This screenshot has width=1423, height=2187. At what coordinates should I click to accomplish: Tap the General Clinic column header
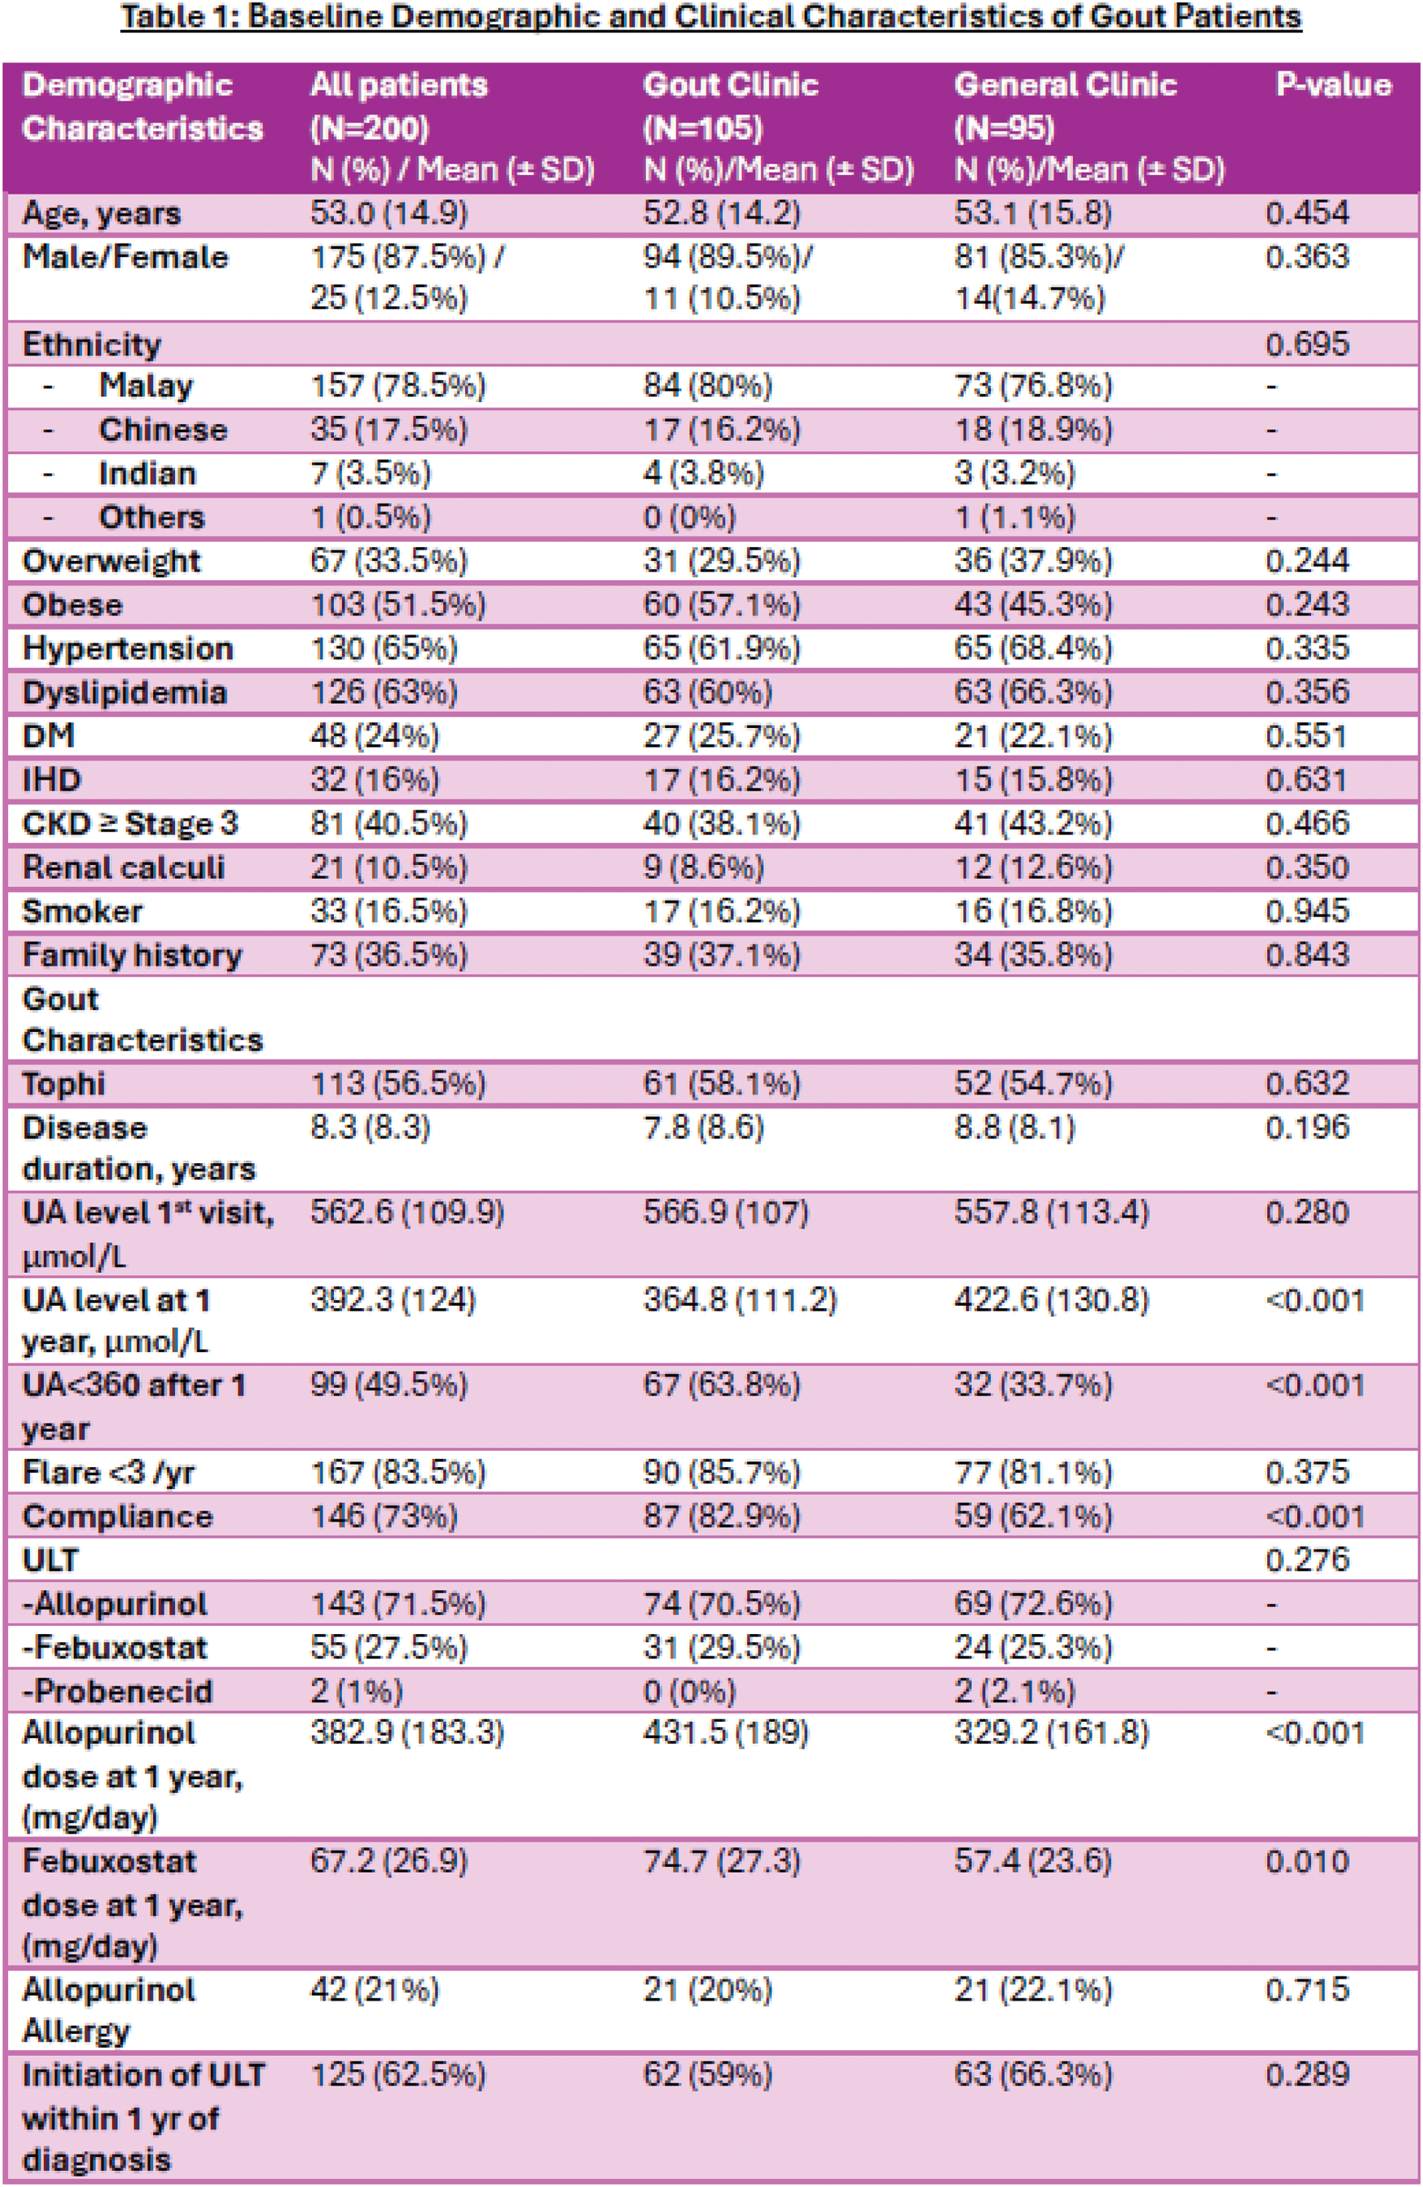1065,85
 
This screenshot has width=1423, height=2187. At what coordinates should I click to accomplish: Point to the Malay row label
146,385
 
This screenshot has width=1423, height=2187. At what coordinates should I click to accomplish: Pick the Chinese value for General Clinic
1032,429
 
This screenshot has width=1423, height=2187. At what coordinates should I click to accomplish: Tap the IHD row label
52,780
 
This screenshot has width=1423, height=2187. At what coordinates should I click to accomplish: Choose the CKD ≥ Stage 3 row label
129,823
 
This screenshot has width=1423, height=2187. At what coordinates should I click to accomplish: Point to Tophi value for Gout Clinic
721,1084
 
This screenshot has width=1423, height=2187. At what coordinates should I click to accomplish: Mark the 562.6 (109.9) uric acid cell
406,1212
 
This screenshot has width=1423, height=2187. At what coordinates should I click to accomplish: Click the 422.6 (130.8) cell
1051,1300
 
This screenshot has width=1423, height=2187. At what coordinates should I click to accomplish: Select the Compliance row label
117,1516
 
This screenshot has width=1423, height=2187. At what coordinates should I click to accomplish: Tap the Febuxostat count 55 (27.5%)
388,1647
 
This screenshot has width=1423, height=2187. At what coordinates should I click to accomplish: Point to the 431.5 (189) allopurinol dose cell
725,1733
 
